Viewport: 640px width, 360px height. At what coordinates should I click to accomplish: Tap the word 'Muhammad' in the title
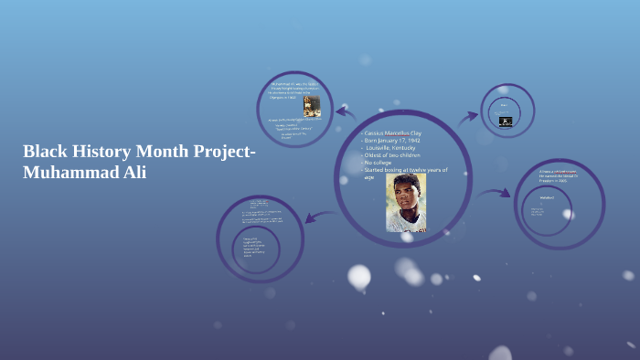pos(69,172)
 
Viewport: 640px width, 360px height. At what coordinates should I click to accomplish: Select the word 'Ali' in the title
pos(133,172)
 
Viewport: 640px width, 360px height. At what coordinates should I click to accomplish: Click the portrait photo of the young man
pos(405,202)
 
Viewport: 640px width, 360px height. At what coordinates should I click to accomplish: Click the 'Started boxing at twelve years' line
pos(406,170)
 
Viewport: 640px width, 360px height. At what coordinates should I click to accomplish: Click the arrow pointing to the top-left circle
pos(346,112)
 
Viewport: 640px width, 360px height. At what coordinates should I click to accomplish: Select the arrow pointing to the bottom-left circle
pos(316,217)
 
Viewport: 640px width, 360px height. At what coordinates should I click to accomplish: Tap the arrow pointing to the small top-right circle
pos(468,116)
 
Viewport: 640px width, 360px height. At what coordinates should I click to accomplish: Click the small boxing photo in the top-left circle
pos(312,106)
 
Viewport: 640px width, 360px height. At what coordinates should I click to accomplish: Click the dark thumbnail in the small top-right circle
pos(506,120)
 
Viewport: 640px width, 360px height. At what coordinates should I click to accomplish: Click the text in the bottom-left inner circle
pos(254,244)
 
